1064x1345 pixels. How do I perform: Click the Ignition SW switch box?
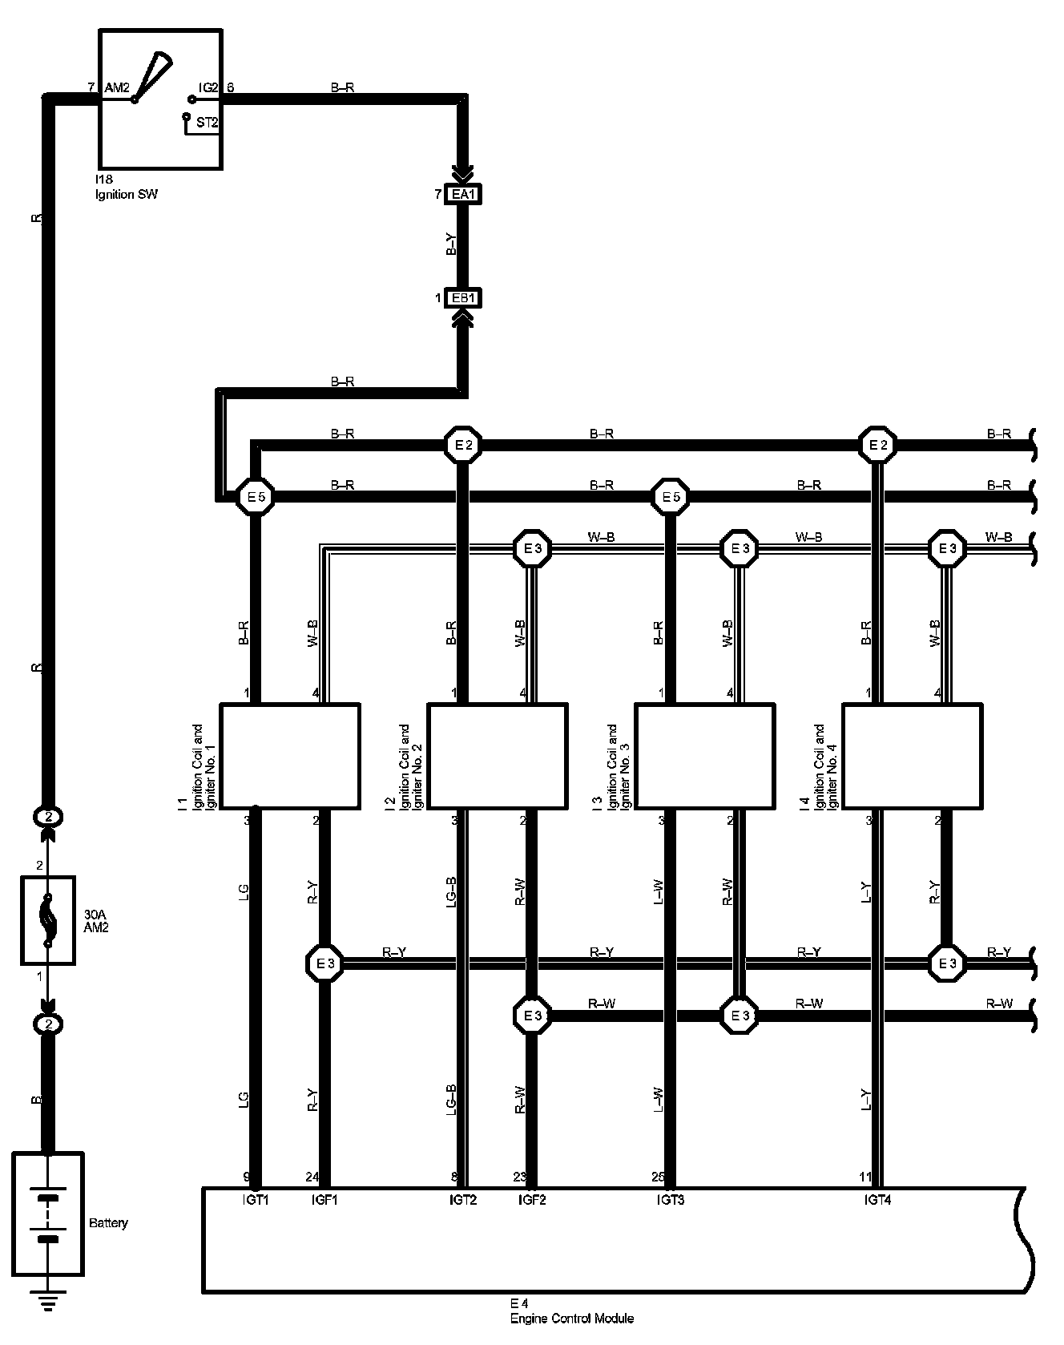pos(159,99)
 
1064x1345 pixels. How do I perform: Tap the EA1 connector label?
pos(464,194)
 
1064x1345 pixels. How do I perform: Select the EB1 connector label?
pos(464,298)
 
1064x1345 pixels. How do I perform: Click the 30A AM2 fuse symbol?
pos(48,919)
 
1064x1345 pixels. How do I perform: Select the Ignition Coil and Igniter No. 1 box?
pos(289,756)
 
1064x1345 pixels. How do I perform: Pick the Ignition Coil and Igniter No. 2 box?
pos(498,756)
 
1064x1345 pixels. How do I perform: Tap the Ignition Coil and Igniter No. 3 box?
pos(705,756)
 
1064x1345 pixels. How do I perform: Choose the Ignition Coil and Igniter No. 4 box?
pos(913,756)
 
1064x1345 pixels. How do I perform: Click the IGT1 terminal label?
pos(255,1200)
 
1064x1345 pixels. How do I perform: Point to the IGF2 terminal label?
pos(532,1200)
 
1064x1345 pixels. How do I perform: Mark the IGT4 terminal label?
pos(878,1200)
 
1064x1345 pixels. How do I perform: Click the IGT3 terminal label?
pos(671,1200)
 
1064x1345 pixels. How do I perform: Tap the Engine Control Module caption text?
pos(572,1319)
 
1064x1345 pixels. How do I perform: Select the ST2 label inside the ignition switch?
pos(207,123)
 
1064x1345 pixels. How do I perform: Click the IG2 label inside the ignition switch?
pos(208,87)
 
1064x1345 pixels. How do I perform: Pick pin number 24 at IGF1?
pos(313,1177)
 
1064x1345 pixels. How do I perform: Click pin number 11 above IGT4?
pos(865,1177)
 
